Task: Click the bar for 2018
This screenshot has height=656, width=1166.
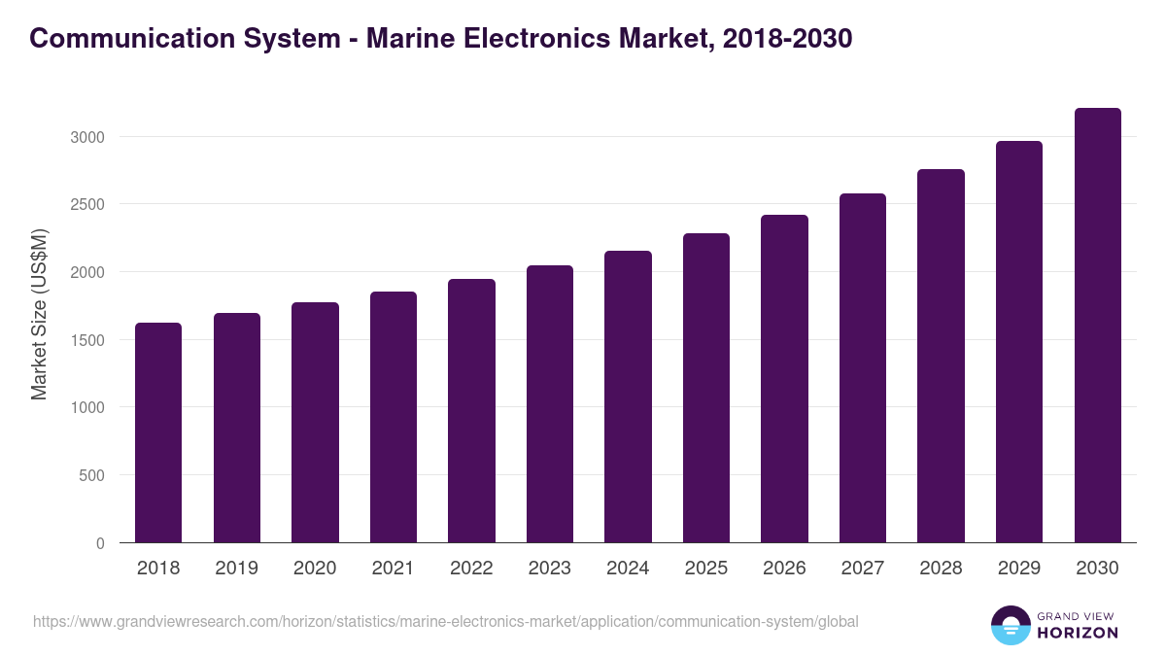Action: coord(158,432)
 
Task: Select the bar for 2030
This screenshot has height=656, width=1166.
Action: coord(1097,326)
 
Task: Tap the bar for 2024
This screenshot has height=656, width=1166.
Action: coord(628,397)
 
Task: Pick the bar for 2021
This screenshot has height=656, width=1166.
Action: coord(394,417)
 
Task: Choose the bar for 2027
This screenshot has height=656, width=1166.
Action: coord(862,368)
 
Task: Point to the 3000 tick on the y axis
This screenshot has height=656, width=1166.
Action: coord(86,137)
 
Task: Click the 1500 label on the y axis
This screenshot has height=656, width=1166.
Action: coord(86,340)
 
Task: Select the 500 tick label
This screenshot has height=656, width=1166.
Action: coord(91,475)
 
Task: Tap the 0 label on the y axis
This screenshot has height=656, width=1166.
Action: coord(100,543)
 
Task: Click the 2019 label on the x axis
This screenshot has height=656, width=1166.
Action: coord(237,569)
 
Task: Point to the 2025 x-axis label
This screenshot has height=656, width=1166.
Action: coord(706,569)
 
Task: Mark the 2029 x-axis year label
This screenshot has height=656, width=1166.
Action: coord(1019,569)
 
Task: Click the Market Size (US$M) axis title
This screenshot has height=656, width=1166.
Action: coord(39,314)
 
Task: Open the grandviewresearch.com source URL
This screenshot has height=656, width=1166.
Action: coord(446,621)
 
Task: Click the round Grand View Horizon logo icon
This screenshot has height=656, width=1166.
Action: coord(1011,626)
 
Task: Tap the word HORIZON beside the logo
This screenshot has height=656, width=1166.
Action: coord(1079,633)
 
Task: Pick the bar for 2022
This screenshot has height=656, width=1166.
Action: coord(471,411)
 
